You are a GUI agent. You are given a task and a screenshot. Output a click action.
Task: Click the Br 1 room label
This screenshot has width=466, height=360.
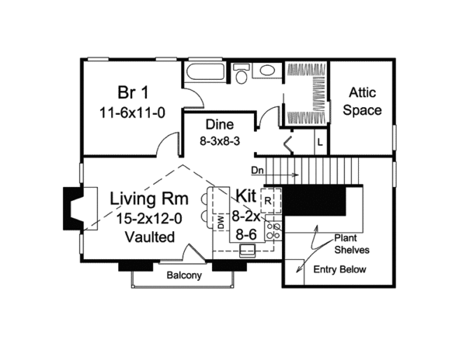(133, 92)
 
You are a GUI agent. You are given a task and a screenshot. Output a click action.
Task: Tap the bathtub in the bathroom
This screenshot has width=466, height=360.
(205, 71)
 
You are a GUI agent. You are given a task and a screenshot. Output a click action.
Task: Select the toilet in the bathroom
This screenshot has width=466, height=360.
(240, 73)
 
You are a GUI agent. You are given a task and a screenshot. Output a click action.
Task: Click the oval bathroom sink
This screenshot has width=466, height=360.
(267, 71)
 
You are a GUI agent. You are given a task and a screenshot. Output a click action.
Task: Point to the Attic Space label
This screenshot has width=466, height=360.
(362, 101)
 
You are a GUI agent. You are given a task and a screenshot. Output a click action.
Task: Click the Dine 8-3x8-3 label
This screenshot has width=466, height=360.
(220, 133)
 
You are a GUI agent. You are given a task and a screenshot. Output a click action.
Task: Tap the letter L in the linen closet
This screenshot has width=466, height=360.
(320, 143)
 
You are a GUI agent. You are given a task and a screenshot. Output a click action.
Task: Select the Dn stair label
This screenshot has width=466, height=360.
(257, 171)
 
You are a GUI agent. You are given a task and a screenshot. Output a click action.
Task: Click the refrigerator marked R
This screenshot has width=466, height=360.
(271, 201)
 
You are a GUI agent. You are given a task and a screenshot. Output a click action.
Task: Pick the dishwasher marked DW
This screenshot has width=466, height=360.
(221, 222)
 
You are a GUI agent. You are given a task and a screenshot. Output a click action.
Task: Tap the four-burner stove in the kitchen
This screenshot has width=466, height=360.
(273, 231)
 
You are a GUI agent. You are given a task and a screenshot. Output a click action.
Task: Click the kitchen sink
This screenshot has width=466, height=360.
(248, 251)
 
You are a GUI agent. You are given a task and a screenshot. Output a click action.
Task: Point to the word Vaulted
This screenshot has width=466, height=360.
(149, 237)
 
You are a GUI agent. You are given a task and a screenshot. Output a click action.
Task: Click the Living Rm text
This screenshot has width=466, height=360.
(149, 199)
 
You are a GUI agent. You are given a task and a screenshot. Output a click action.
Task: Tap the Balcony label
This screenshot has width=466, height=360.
(184, 275)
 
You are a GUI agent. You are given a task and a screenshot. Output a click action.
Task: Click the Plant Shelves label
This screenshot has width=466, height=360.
(352, 244)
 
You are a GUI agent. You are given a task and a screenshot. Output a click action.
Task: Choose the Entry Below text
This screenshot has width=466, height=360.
(339, 269)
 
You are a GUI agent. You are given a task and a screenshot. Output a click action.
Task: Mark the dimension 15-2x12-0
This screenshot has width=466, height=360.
(149, 219)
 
